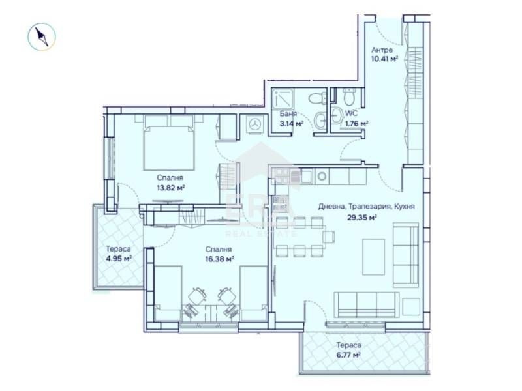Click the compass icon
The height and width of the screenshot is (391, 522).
pos(42,36)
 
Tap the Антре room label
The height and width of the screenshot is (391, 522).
pos(382,50)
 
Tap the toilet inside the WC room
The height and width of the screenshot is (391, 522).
pos(349,98)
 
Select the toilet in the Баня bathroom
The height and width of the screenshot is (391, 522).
pos(318,98)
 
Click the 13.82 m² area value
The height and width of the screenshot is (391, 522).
pos(170,187)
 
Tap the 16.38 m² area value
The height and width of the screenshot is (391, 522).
pos(220,259)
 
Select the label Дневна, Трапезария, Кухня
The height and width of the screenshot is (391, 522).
pos(366,207)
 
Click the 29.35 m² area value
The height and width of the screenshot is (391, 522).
pos(363,218)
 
